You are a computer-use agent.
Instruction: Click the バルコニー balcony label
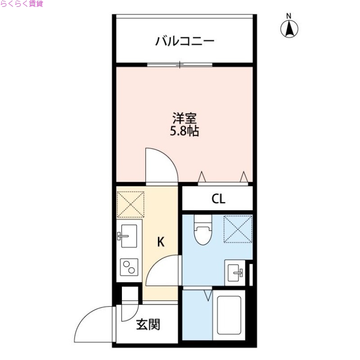click(x=185, y=42)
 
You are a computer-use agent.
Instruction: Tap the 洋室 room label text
click(x=184, y=119)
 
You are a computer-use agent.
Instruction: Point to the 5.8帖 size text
click(x=184, y=132)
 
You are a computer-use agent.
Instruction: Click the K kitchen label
click(x=161, y=242)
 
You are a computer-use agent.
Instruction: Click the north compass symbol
click(x=289, y=28)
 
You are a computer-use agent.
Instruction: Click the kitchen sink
click(x=129, y=235)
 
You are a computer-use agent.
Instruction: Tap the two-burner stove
click(x=129, y=268)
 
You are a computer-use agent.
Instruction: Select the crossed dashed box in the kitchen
click(x=130, y=204)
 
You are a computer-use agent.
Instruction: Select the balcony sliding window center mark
click(x=180, y=65)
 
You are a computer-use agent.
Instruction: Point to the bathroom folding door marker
click(x=207, y=295)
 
